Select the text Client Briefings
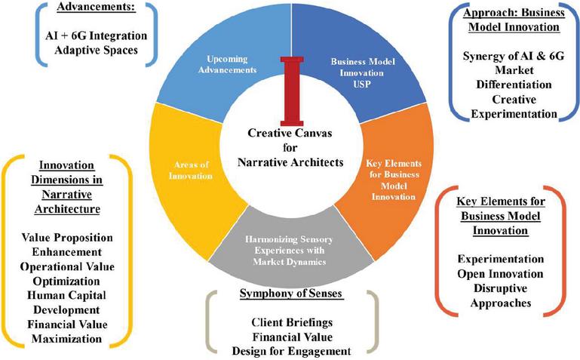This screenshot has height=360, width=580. (x=291, y=321)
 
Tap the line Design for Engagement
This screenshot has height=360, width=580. (x=291, y=349)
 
